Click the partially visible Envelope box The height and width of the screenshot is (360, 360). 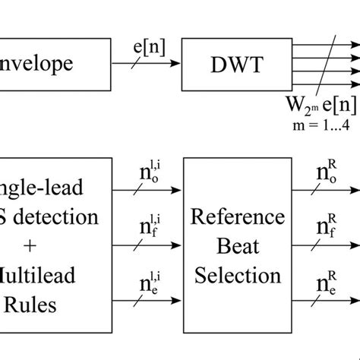pos(49,63)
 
